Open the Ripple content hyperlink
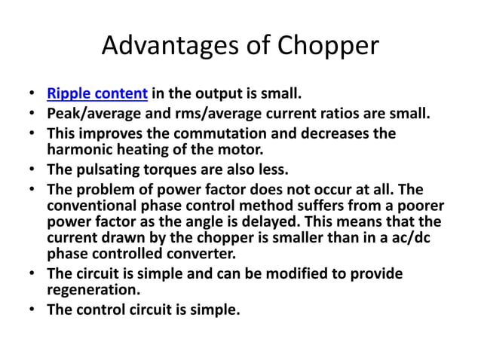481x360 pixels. point(97,95)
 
